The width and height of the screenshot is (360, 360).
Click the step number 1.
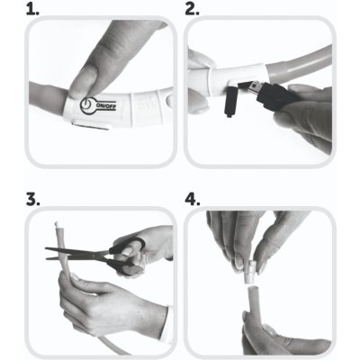[32, 10]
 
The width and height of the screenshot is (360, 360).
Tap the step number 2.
[192, 10]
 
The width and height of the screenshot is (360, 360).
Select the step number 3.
[33, 200]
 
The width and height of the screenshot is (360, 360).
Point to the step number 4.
[193, 200]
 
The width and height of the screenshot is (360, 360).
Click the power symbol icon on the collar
[87, 105]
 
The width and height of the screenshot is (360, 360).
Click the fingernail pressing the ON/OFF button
[81, 79]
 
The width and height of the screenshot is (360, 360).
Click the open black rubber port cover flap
[231, 102]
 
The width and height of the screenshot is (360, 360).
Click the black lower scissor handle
[122, 266]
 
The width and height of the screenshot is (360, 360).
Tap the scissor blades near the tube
[76, 254]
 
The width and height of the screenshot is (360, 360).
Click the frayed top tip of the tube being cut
[57, 224]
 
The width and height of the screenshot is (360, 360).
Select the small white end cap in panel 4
[250, 273]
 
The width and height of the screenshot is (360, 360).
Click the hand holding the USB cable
[306, 117]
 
